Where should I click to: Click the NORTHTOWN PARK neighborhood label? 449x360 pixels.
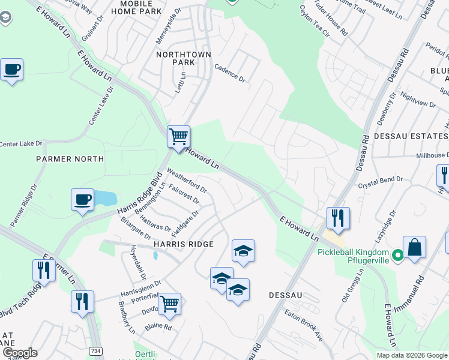tap(184, 58)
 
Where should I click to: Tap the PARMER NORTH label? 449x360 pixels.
tap(70, 159)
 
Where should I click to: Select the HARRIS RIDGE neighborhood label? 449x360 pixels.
tap(184, 244)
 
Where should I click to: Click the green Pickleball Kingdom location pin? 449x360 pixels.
tap(397, 257)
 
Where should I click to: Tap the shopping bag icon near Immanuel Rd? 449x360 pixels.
tap(414, 248)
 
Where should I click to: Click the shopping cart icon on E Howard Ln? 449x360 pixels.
tap(178, 137)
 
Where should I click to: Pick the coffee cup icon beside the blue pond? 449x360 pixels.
tap(82, 200)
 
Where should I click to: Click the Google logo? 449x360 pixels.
tap(19, 352)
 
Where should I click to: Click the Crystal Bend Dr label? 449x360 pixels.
tap(381, 183)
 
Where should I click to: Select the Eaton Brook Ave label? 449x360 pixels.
tap(304, 325)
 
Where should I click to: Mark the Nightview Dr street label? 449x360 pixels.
tap(418, 99)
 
